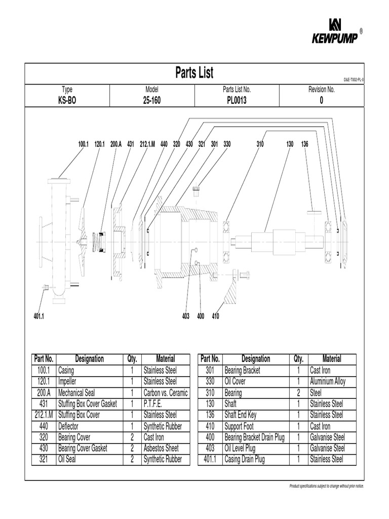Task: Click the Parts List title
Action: pyautogui.click(x=194, y=72)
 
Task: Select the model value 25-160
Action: pyautogui.click(x=152, y=100)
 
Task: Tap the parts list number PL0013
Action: pyautogui.click(x=237, y=100)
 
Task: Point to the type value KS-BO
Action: pyautogui.click(x=67, y=100)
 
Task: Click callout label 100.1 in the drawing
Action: pyautogui.click(x=83, y=144)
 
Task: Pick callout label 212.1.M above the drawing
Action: pyautogui.click(x=147, y=144)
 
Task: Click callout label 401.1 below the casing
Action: pyautogui.click(x=39, y=316)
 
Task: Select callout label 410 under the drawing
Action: pyautogui.click(x=215, y=316)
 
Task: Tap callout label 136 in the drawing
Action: pyautogui.click(x=304, y=144)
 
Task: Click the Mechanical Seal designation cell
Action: pyautogui.click(x=76, y=393)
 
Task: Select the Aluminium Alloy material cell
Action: pyautogui.click(x=327, y=382)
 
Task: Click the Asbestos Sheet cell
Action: pyautogui.click(x=161, y=449)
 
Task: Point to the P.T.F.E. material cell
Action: pyautogui.click(x=155, y=404)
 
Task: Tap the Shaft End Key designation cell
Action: pyautogui.click(x=240, y=415)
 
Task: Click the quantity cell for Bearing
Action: pyautogui.click(x=298, y=393)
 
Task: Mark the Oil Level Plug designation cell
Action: pyautogui.click(x=240, y=449)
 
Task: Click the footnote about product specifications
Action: pyautogui.click(x=326, y=486)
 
